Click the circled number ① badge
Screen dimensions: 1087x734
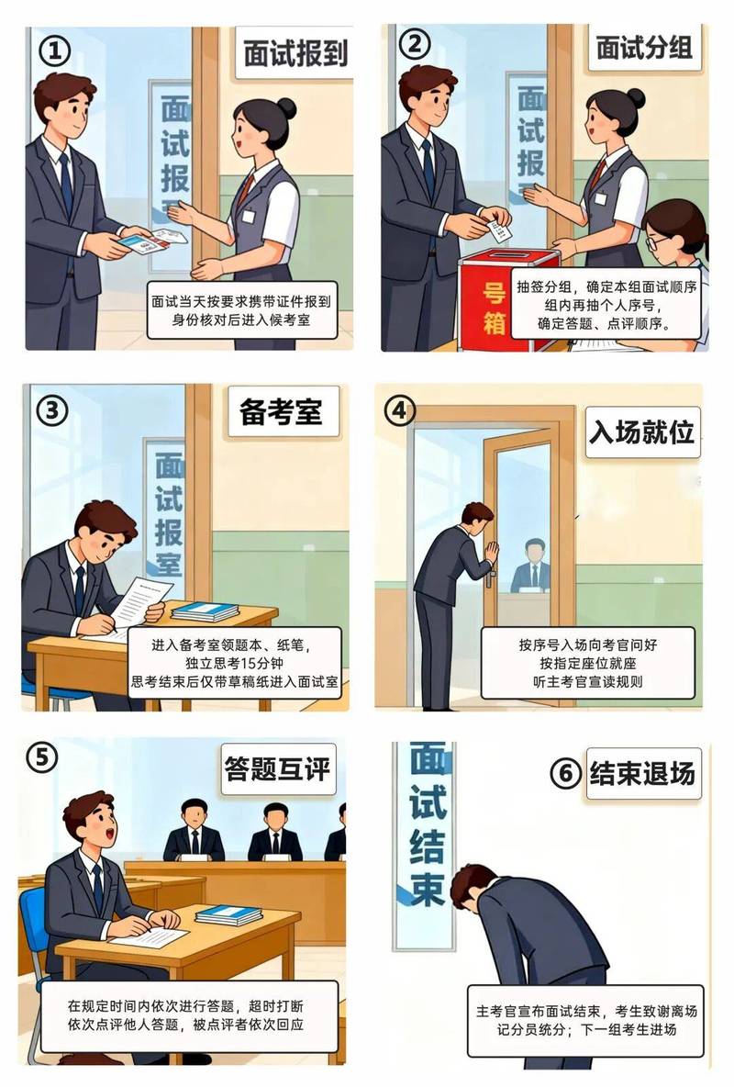click(x=54, y=50)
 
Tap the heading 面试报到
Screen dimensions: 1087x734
click(x=295, y=53)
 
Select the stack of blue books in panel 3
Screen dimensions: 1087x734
click(x=205, y=611)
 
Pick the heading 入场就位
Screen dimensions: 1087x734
click(x=641, y=431)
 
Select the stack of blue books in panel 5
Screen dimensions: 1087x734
click(x=228, y=914)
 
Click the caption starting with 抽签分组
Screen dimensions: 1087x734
click(x=606, y=304)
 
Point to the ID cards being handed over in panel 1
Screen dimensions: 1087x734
click(x=152, y=242)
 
